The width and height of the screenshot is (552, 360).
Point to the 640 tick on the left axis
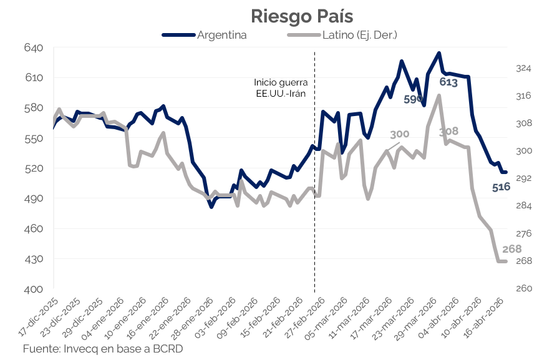point(34,48)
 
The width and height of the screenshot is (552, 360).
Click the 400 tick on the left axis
point(34,289)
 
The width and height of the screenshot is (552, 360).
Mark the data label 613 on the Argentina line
point(448,82)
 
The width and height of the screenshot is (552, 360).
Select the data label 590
point(414,99)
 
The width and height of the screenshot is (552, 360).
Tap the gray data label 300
point(400,134)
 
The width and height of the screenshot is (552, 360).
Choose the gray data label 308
point(448,132)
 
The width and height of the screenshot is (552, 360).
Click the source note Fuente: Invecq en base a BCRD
point(103,348)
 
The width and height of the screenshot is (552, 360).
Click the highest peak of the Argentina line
point(439,53)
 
